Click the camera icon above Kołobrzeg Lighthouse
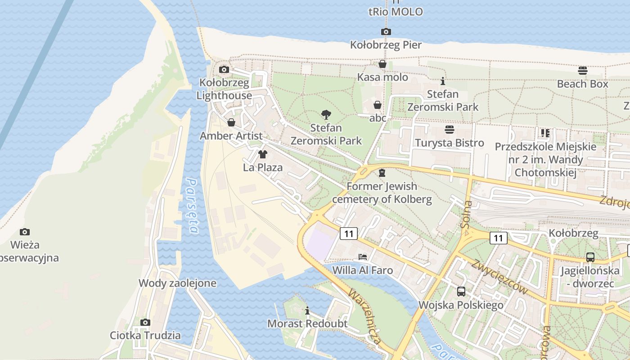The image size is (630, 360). click(x=224, y=69)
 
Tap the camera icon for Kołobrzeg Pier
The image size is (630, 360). click(x=386, y=31)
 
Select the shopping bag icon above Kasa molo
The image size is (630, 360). click(x=382, y=64)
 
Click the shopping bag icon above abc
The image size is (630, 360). click(x=378, y=105)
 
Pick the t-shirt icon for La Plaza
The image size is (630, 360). click(x=263, y=154)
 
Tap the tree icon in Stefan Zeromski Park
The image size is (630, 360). click(x=326, y=115)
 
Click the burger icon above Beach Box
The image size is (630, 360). click(x=582, y=70)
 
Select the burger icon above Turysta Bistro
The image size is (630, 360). click(x=449, y=130)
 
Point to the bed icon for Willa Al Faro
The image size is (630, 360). click(x=362, y=257)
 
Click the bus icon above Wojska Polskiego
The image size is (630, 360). click(x=461, y=292)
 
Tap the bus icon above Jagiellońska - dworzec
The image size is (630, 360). click(x=590, y=257)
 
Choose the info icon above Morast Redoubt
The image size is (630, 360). click(x=307, y=310)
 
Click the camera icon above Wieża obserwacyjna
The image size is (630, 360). click(x=25, y=232)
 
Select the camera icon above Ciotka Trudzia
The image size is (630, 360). click(x=145, y=322)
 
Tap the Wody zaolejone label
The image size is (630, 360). click(x=177, y=283)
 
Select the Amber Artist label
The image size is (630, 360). click(x=231, y=135)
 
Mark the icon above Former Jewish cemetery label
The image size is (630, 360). click(x=382, y=173)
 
